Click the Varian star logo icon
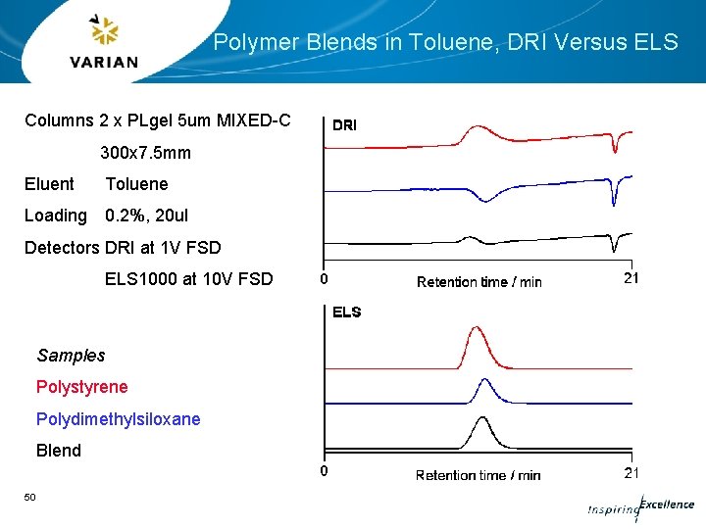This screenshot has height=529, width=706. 103,32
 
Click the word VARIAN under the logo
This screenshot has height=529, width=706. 104,62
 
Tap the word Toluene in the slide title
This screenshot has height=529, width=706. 442,42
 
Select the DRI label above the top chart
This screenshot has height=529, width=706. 345,125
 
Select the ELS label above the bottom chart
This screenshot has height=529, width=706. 346,313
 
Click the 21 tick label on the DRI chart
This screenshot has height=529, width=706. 631,278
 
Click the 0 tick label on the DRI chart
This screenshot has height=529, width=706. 325,279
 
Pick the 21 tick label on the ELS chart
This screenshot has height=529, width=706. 631,473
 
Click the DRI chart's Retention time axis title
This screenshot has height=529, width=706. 479,282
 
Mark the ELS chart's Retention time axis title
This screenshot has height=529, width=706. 478,475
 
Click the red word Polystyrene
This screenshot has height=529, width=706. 82,387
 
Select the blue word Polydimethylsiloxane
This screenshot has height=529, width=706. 119,419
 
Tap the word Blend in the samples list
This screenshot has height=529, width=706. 59,451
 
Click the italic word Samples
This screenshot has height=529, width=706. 71,356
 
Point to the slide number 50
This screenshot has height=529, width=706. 30,498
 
